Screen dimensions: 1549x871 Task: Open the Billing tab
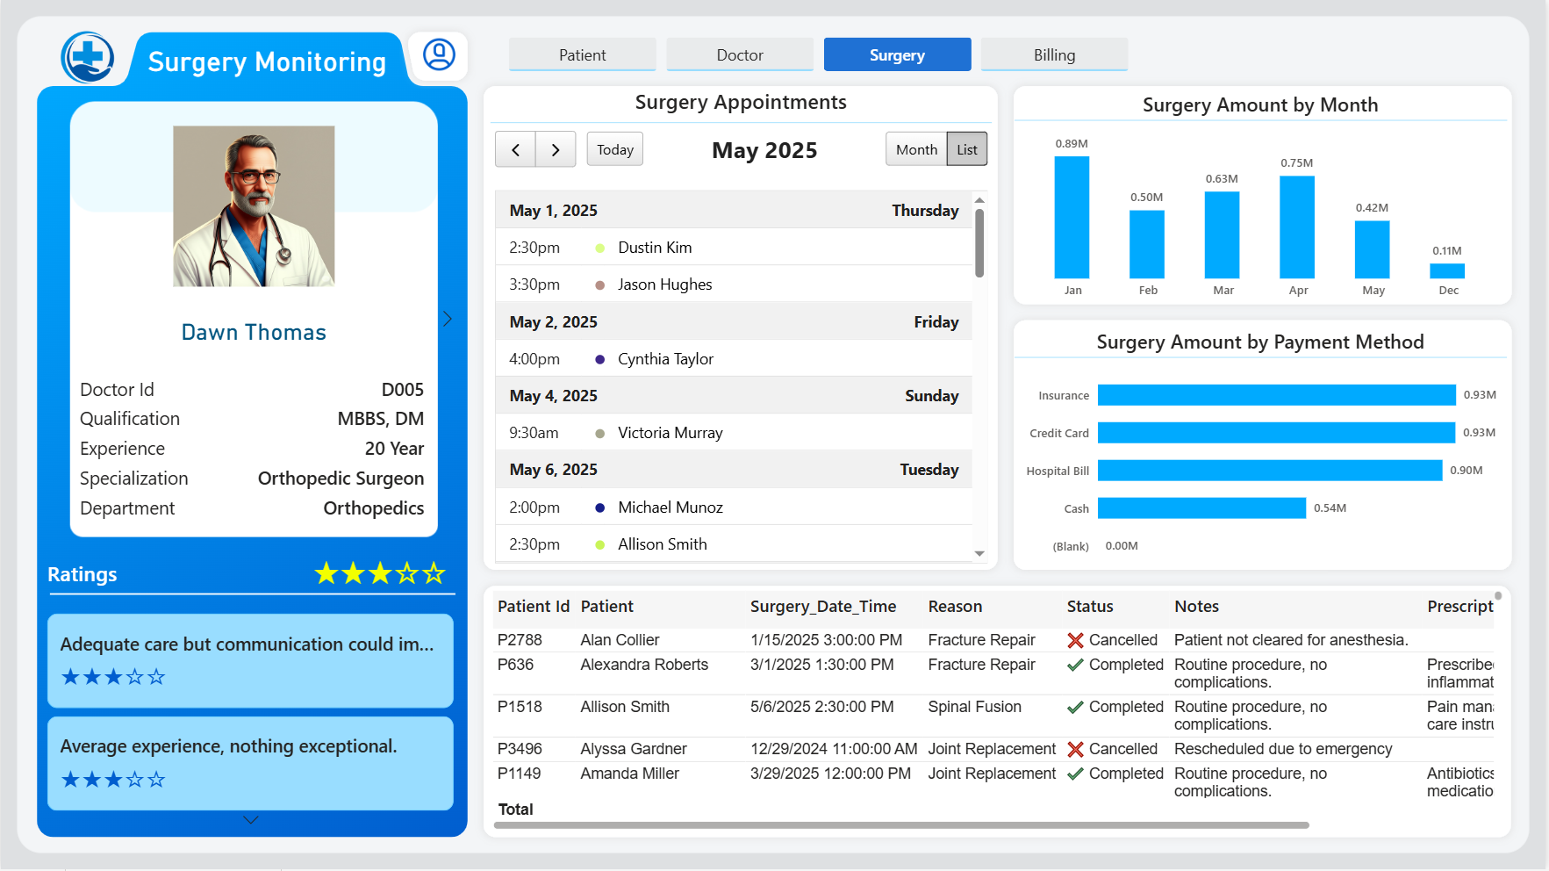tap(1054, 54)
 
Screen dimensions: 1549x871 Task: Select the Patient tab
tap(582, 54)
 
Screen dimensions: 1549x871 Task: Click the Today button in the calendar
tap(614, 149)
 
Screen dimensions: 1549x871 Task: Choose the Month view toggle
tap(916, 149)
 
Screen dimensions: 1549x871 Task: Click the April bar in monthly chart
tap(1297, 227)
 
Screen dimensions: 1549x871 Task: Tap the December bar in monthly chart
tap(1447, 271)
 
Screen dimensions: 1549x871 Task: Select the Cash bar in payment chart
tap(1201, 508)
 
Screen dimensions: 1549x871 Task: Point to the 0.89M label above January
tap(1072, 144)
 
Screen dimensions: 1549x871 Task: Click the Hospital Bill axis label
tap(1058, 471)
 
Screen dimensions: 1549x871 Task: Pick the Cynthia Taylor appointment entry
tap(665, 359)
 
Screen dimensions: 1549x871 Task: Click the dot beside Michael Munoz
tap(600, 507)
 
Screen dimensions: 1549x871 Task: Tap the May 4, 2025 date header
tap(553, 396)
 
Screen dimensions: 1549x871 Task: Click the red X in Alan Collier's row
tap(1075, 640)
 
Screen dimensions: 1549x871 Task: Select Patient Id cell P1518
tap(520, 707)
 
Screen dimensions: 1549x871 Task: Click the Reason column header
tap(955, 607)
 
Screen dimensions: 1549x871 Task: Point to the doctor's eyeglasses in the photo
tap(255, 176)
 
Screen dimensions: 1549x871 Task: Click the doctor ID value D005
tap(403, 390)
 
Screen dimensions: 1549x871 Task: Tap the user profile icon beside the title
tap(439, 54)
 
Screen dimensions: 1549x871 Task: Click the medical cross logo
tap(88, 58)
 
